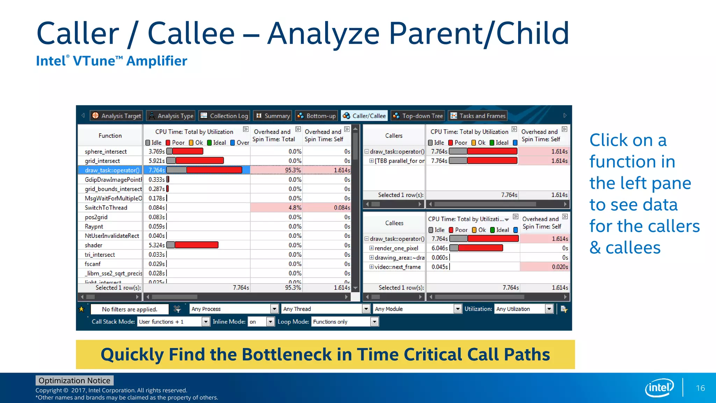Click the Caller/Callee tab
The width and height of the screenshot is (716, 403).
pyautogui.click(x=365, y=116)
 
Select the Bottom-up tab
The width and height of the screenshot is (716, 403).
pyautogui.click(x=316, y=116)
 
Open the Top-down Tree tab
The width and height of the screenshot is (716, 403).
pyautogui.click(x=418, y=116)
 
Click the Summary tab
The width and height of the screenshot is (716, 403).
pyautogui.click(x=273, y=116)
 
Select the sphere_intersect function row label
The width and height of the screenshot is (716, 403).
pyautogui.click(x=106, y=151)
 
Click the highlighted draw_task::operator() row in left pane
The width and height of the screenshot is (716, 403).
pyautogui.click(x=112, y=170)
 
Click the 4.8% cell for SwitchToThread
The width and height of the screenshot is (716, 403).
pyautogui.click(x=295, y=208)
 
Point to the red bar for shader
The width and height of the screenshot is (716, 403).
pyautogui.click(x=196, y=245)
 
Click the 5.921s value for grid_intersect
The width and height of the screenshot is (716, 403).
pyautogui.click(x=156, y=161)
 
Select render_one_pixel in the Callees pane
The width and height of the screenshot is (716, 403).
pyautogui.click(x=396, y=248)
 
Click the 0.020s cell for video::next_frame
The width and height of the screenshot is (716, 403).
pyautogui.click(x=560, y=267)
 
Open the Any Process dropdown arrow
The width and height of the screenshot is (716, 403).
pyautogui.click(x=274, y=309)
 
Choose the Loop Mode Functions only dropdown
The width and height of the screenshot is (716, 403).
pyautogui.click(x=345, y=322)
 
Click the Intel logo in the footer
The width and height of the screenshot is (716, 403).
pyautogui.click(x=659, y=388)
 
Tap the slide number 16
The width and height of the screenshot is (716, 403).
pyautogui.click(x=700, y=388)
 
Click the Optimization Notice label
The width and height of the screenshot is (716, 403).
pyautogui.click(x=74, y=381)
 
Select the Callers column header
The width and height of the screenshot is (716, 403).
pyautogui.click(x=394, y=136)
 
